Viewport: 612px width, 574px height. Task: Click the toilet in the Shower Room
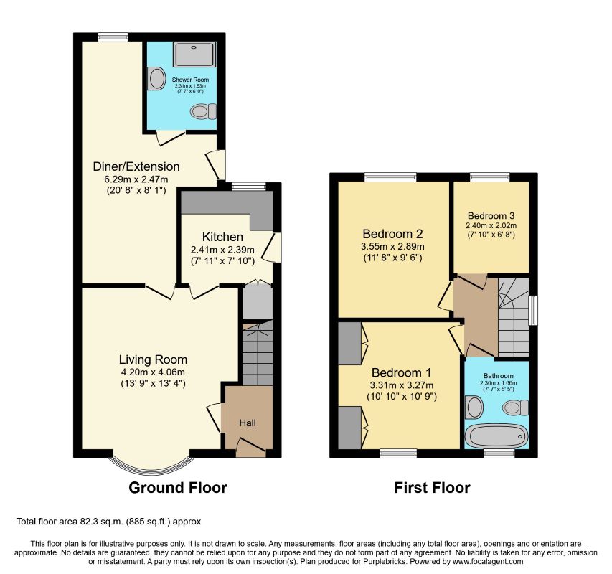[x=203, y=112]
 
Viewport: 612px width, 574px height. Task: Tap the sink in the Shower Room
[x=156, y=78]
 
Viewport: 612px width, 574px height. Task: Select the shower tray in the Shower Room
[x=194, y=55]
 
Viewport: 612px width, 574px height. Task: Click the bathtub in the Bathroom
[x=496, y=436]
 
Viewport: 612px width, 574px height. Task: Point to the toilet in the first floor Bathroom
[x=516, y=408]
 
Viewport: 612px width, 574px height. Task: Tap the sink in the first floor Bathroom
[x=474, y=407]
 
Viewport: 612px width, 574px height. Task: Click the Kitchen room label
[x=222, y=237]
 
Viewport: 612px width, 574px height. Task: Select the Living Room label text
[x=153, y=359]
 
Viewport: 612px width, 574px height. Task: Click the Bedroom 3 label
[x=491, y=215]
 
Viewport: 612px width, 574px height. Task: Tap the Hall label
[x=248, y=423]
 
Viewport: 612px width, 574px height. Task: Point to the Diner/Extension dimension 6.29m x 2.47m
[x=136, y=179]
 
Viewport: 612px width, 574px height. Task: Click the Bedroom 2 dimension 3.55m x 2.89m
[x=392, y=247]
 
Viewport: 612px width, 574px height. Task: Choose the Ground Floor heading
[x=178, y=488]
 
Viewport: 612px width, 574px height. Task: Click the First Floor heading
[x=432, y=488]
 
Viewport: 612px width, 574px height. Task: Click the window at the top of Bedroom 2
[x=391, y=177]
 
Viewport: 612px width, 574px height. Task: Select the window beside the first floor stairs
[x=533, y=310]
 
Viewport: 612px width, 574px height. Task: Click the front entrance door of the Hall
[x=251, y=448]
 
